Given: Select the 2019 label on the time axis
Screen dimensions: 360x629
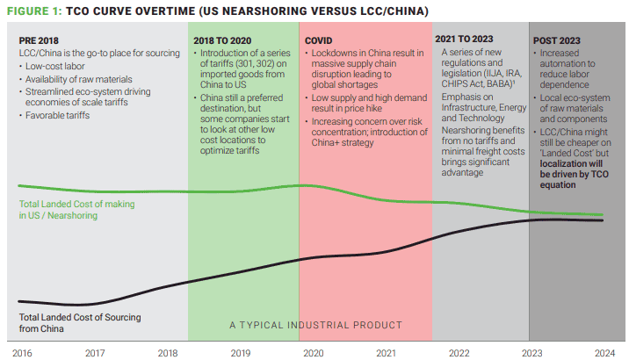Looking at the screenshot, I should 241,351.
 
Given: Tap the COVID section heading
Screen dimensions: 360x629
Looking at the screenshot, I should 319,40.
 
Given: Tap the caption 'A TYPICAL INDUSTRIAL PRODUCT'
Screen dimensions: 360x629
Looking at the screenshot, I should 315,325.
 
